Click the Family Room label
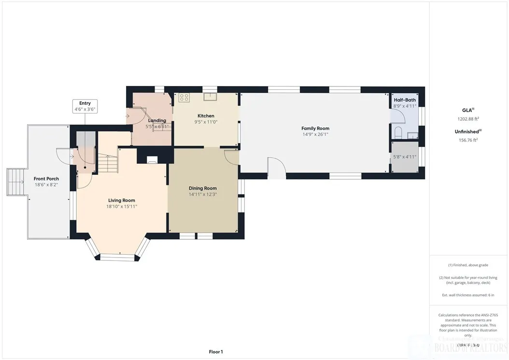[315, 129]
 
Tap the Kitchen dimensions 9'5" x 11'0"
[206, 122]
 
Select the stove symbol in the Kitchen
[184, 98]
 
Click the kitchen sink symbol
[210, 97]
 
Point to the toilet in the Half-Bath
[398, 132]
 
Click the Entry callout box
[85, 106]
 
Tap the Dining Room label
[203, 188]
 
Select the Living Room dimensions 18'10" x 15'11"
[122, 206]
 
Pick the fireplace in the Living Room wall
[152, 159]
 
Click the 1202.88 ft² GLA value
[468, 118]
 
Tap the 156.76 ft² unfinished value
[468, 140]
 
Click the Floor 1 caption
[215, 352]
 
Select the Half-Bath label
[405, 100]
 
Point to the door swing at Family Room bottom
[277, 167]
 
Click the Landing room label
[157, 120]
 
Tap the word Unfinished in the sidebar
[467, 131]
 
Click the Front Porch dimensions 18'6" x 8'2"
[46, 185]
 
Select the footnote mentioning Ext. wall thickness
[468, 295]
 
